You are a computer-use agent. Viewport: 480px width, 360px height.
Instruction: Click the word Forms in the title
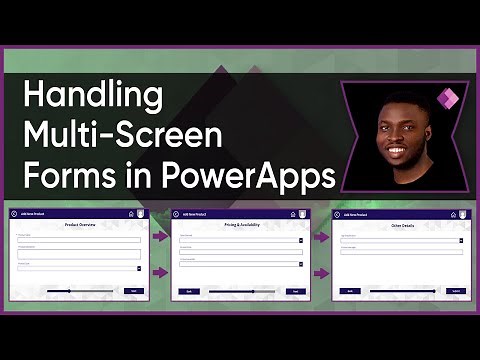click(65, 175)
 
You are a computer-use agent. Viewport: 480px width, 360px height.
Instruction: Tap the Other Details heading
click(401, 225)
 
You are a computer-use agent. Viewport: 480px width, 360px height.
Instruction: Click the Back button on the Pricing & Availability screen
click(189, 291)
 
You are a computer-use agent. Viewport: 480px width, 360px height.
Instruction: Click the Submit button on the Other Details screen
click(455, 291)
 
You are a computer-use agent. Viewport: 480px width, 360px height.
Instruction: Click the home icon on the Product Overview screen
click(132, 214)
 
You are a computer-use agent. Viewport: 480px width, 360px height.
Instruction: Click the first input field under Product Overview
click(79, 240)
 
